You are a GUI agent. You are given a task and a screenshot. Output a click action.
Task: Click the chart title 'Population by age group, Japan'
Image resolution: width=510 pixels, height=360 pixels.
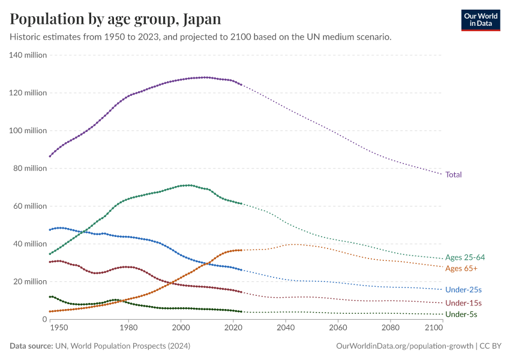pyautogui.click(x=115, y=19)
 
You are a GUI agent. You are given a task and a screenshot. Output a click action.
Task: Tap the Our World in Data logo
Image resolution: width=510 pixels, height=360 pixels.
pyautogui.click(x=480, y=20)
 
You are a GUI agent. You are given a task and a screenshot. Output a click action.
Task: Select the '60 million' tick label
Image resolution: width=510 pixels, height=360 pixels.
pyautogui.click(x=29, y=206)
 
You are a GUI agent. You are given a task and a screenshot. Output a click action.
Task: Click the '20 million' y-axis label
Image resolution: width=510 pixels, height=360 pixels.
pyautogui.click(x=29, y=281)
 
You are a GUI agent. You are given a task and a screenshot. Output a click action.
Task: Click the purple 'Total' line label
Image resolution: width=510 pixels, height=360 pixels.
pyautogui.click(x=454, y=175)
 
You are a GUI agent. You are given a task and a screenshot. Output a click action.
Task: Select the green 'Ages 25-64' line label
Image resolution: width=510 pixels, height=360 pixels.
pyautogui.click(x=465, y=257)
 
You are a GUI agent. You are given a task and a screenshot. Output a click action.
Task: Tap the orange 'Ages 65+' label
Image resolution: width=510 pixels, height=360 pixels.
pyautogui.click(x=461, y=268)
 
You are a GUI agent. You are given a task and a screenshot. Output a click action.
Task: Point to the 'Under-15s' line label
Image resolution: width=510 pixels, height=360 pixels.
pyautogui.click(x=463, y=303)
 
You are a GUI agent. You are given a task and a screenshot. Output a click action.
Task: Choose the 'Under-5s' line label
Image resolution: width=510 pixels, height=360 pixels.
pyautogui.click(x=461, y=314)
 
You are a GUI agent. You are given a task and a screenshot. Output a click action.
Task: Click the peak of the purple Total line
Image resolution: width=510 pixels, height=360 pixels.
pyautogui.click(x=205, y=77)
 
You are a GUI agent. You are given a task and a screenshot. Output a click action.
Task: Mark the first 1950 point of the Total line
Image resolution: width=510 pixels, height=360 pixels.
pyautogui.click(x=50, y=156)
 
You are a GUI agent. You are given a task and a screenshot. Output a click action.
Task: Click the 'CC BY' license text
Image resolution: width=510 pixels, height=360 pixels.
pyautogui.click(x=492, y=346)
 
